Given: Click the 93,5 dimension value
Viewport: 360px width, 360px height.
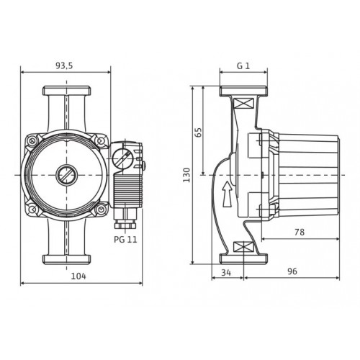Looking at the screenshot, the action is point(64,66).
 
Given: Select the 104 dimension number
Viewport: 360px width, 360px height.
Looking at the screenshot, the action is point(78,276).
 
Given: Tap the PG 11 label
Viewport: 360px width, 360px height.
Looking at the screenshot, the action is point(125,239).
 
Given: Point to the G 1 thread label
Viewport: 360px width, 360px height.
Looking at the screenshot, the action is point(243,66).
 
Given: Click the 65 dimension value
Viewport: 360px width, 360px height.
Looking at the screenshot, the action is point(199,132).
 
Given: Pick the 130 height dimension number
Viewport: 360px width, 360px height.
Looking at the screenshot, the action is point(186,175).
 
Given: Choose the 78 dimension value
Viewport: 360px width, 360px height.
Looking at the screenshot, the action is point(300,232).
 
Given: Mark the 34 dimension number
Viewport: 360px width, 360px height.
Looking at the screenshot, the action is point(226,273).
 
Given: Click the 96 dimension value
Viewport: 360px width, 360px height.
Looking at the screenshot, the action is point(292,271).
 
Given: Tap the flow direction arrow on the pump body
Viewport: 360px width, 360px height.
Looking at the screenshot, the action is point(227,194).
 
